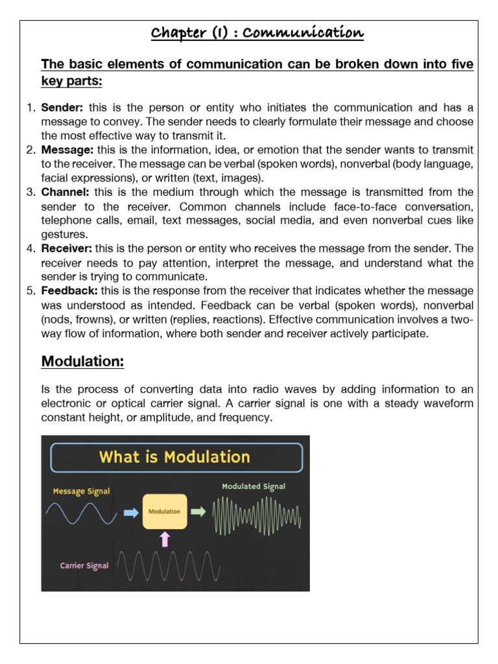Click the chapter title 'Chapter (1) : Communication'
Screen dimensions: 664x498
pyautogui.click(x=258, y=34)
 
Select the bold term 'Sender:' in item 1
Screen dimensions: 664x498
pyautogui.click(x=60, y=108)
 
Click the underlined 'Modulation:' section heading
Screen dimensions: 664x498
pyautogui.click(x=82, y=362)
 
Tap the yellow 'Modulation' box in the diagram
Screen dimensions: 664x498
pyautogui.click(x=164, y=512)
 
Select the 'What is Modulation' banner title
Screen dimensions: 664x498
pyautogui.click(x=174, y=456)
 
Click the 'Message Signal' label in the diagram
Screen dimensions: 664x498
pyautogui.click(x=81, y=492)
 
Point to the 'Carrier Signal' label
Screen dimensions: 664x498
pyautogui.click(x=84, y=565)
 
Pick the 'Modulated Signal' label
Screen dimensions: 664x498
pyautogui.click(x=253, y=486)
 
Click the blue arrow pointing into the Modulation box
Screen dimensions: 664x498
pyautogui.click(x=130, y=512)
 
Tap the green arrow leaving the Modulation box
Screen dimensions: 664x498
pyautogui.click(x=198, y=512)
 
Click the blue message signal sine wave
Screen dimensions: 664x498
pyautogui.click(x=81, y=514)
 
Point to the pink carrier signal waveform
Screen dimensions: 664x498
pyautogui.click(x=169, y=565)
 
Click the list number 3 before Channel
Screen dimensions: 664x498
pyautogui.click(x=30, y=192)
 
